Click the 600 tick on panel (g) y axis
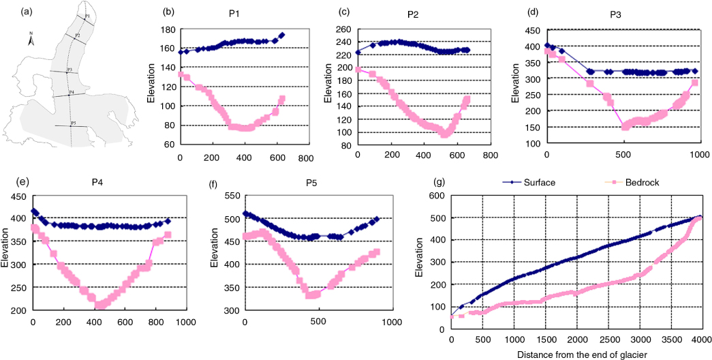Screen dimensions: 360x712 [x=437, y=195]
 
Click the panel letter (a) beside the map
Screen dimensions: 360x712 [x=9, y=10]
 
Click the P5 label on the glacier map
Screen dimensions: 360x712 [x=73, y=123]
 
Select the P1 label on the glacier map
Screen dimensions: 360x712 [x=87, y=16]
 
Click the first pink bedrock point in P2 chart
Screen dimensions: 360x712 [x=358, y=69]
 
